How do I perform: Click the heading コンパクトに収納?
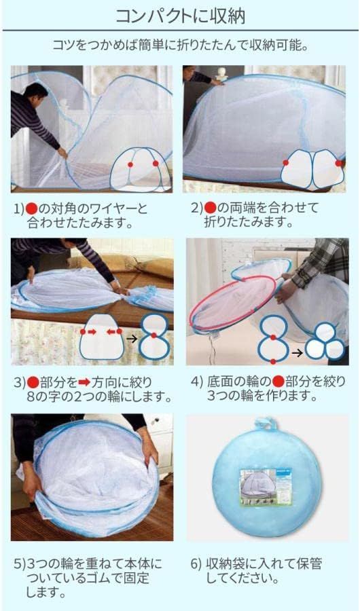(x=179, y=15)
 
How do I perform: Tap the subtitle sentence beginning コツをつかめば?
(x=179, y=45)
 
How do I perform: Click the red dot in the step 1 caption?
(x=30, y=208)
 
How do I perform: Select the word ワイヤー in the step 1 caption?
(x=111, y=208)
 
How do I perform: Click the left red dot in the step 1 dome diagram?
(x=130, y=164)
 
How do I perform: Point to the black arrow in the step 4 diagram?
(x=296, y=352)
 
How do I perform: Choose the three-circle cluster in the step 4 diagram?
(x=325, y=347)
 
